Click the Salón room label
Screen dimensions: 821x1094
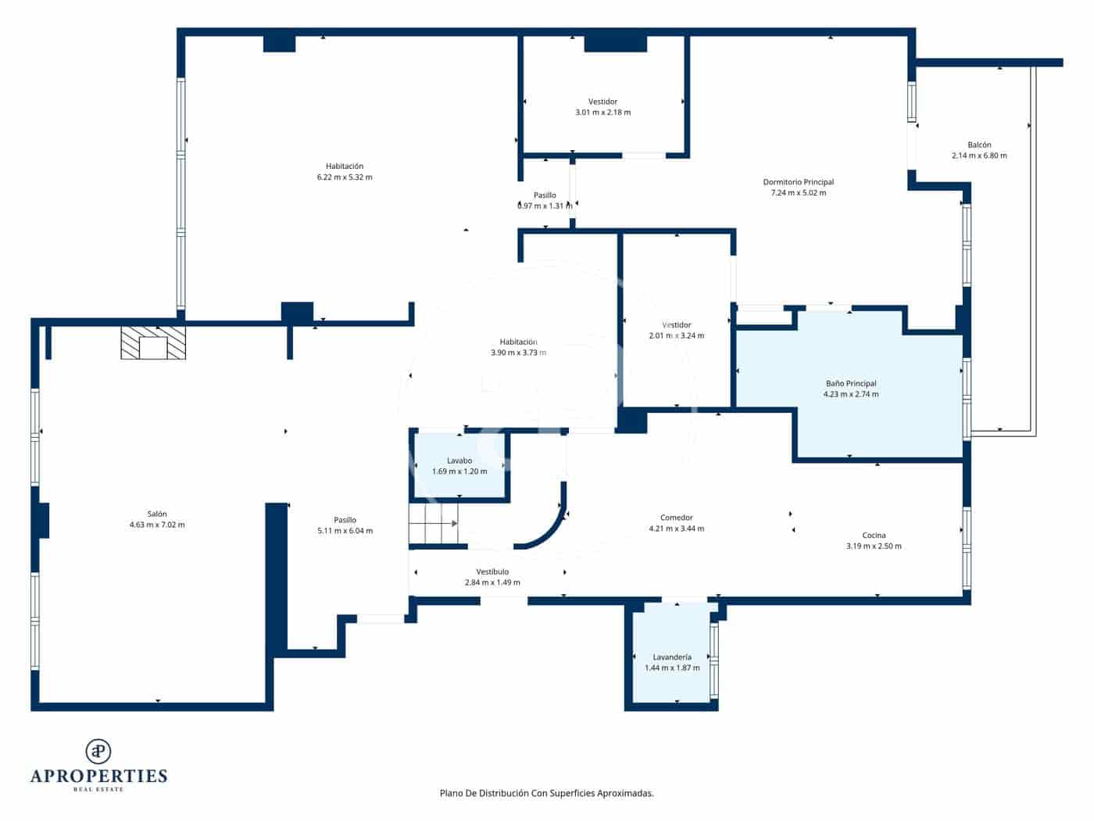(157, 514)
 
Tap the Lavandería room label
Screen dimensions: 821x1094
(672, 658)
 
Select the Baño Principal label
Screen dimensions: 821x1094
(851, 384)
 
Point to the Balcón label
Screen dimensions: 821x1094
(979, 145)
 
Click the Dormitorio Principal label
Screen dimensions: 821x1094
(798, 182)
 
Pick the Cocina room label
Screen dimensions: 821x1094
(874, 536)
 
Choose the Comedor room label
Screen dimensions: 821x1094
(676, 518)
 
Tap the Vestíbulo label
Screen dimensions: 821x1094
(492, 572)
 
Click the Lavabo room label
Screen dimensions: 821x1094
(459, 461)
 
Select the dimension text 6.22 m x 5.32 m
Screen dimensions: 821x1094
(345, 177)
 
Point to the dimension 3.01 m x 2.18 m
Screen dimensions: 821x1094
(602, 113)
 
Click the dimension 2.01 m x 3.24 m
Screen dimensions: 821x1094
(676, 336)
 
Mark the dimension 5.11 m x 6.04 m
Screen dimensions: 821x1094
(345, 531)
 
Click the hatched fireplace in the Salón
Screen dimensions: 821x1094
(153, 343)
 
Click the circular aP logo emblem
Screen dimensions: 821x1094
(98, 751)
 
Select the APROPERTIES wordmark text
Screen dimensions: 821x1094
(98, 776)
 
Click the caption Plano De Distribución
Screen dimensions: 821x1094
(546, 793)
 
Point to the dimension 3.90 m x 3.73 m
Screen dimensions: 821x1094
(518, 353)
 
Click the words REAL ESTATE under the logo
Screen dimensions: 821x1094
(98, 790)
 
